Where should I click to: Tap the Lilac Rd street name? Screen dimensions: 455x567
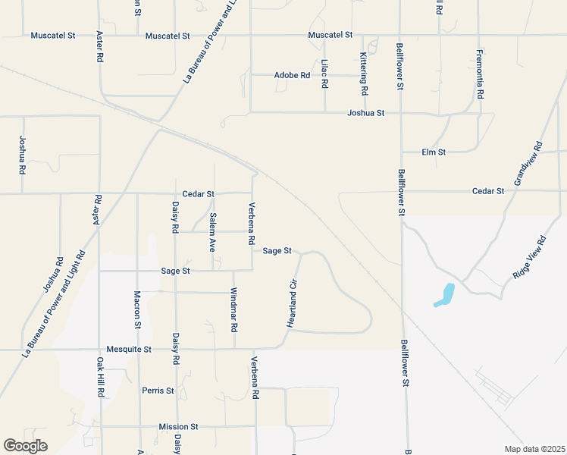point(324,75)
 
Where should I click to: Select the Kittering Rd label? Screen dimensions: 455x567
point(364,74)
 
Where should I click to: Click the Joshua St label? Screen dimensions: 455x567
point(366,113)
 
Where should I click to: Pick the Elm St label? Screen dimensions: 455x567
point(434,152)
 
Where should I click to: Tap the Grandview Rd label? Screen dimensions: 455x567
point(529,163)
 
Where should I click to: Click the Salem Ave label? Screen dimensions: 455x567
point(213,232)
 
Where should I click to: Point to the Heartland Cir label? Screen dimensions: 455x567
point(291,303)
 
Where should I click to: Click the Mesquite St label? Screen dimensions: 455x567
point(130,350)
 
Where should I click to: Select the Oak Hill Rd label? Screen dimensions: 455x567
point(100,378)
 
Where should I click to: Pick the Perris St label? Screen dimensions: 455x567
point(158,391)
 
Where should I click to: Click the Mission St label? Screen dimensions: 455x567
point(178,427)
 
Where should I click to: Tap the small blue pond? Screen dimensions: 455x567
point(445,295)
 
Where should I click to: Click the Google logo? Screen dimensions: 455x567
point(26,446)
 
